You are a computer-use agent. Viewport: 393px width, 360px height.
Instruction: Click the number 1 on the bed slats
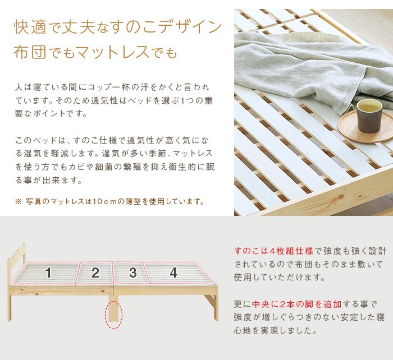coord(49,273)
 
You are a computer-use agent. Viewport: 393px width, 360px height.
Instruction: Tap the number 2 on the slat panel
coord(95,273)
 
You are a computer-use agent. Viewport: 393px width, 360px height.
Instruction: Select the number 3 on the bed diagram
coord(133,273)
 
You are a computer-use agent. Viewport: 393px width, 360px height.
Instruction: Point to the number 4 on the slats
coord(173,273)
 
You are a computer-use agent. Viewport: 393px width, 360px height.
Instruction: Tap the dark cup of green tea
coord(369,115)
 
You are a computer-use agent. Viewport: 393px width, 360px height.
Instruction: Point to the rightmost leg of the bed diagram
coord(216,307)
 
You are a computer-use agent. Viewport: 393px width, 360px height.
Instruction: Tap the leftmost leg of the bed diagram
coord(10,308)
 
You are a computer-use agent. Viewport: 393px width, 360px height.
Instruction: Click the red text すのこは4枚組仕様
coord(273,251)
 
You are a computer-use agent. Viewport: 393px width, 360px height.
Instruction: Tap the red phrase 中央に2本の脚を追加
coord(297,304)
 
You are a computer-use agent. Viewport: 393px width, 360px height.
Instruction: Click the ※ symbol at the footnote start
coord(18,201)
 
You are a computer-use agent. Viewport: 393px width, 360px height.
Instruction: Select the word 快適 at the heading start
coord(30,26)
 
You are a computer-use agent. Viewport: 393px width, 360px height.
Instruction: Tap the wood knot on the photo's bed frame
coord(340,197)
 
